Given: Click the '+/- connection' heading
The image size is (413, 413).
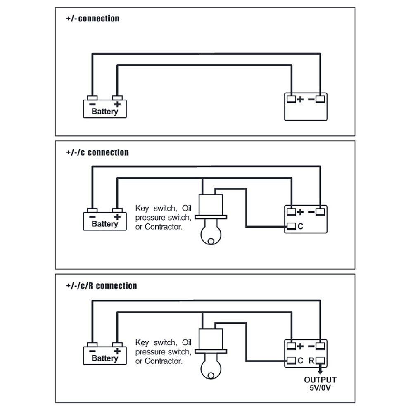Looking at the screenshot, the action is click(93, 19).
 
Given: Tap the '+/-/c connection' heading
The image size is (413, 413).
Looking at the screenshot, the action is click(97, 152).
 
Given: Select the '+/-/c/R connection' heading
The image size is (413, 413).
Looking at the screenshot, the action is click(102, 286).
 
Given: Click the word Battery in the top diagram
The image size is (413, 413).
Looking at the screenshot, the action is click(105, 112).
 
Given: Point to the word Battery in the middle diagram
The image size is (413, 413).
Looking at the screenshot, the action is click(105, 224).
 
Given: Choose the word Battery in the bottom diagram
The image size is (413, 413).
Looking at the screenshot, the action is click(105, 358).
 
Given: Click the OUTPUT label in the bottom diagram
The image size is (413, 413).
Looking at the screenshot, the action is click(320, 380).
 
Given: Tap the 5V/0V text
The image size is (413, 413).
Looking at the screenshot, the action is click(320, 388).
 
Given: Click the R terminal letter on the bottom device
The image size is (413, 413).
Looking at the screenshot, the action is click(311, 361).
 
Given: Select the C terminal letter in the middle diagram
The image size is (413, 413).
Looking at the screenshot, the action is click(300, 226).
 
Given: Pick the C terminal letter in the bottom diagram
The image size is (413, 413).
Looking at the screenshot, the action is click(300, 361).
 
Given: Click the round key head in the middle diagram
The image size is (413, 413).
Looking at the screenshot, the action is click(211, 235).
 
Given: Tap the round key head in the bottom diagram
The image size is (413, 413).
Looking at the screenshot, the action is click(211, 369).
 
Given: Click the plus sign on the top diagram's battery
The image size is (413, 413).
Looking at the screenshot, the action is click(117, 104).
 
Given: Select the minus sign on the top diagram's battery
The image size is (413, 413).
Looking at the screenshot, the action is click(93, 104).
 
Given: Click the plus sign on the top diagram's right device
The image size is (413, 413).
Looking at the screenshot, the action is click(300, 99).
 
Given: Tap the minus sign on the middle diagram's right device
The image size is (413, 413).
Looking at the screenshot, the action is click(311, 212).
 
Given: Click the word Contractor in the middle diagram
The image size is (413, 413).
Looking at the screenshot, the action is click(163, 227).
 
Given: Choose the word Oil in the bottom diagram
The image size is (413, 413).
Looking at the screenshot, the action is click(187, 342).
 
